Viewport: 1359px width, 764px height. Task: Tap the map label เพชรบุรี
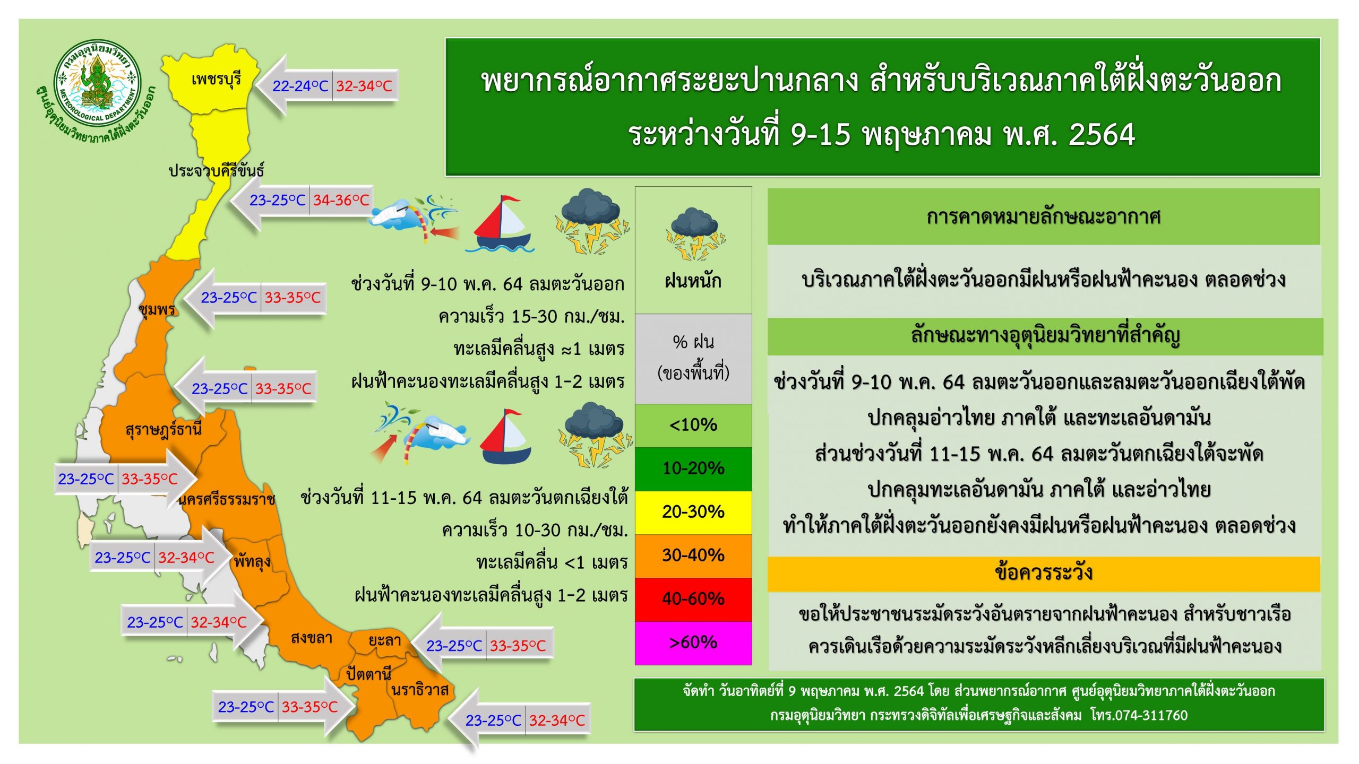(216, 80)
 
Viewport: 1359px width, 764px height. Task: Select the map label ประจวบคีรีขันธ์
(216, 170)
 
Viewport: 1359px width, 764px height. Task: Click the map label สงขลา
(312, 637)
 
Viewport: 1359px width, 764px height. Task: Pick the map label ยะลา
(385, 640)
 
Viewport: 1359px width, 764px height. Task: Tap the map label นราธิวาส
(420, 689)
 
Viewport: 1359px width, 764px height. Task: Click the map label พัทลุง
(252, 561)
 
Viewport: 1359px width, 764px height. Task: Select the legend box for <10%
(693, 426)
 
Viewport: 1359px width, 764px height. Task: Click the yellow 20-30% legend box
(693, 513)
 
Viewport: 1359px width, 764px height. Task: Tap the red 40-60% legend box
(693, 600)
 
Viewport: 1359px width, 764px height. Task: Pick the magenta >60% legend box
(693, 643)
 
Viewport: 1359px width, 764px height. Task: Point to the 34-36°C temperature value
(341, 200)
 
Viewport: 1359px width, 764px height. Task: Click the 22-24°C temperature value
(300, 85)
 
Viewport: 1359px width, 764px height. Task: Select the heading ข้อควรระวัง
(1044, 574)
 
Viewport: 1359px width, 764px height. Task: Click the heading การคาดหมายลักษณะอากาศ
(1044, 217)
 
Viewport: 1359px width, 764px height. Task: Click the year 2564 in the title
(1102, 134)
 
